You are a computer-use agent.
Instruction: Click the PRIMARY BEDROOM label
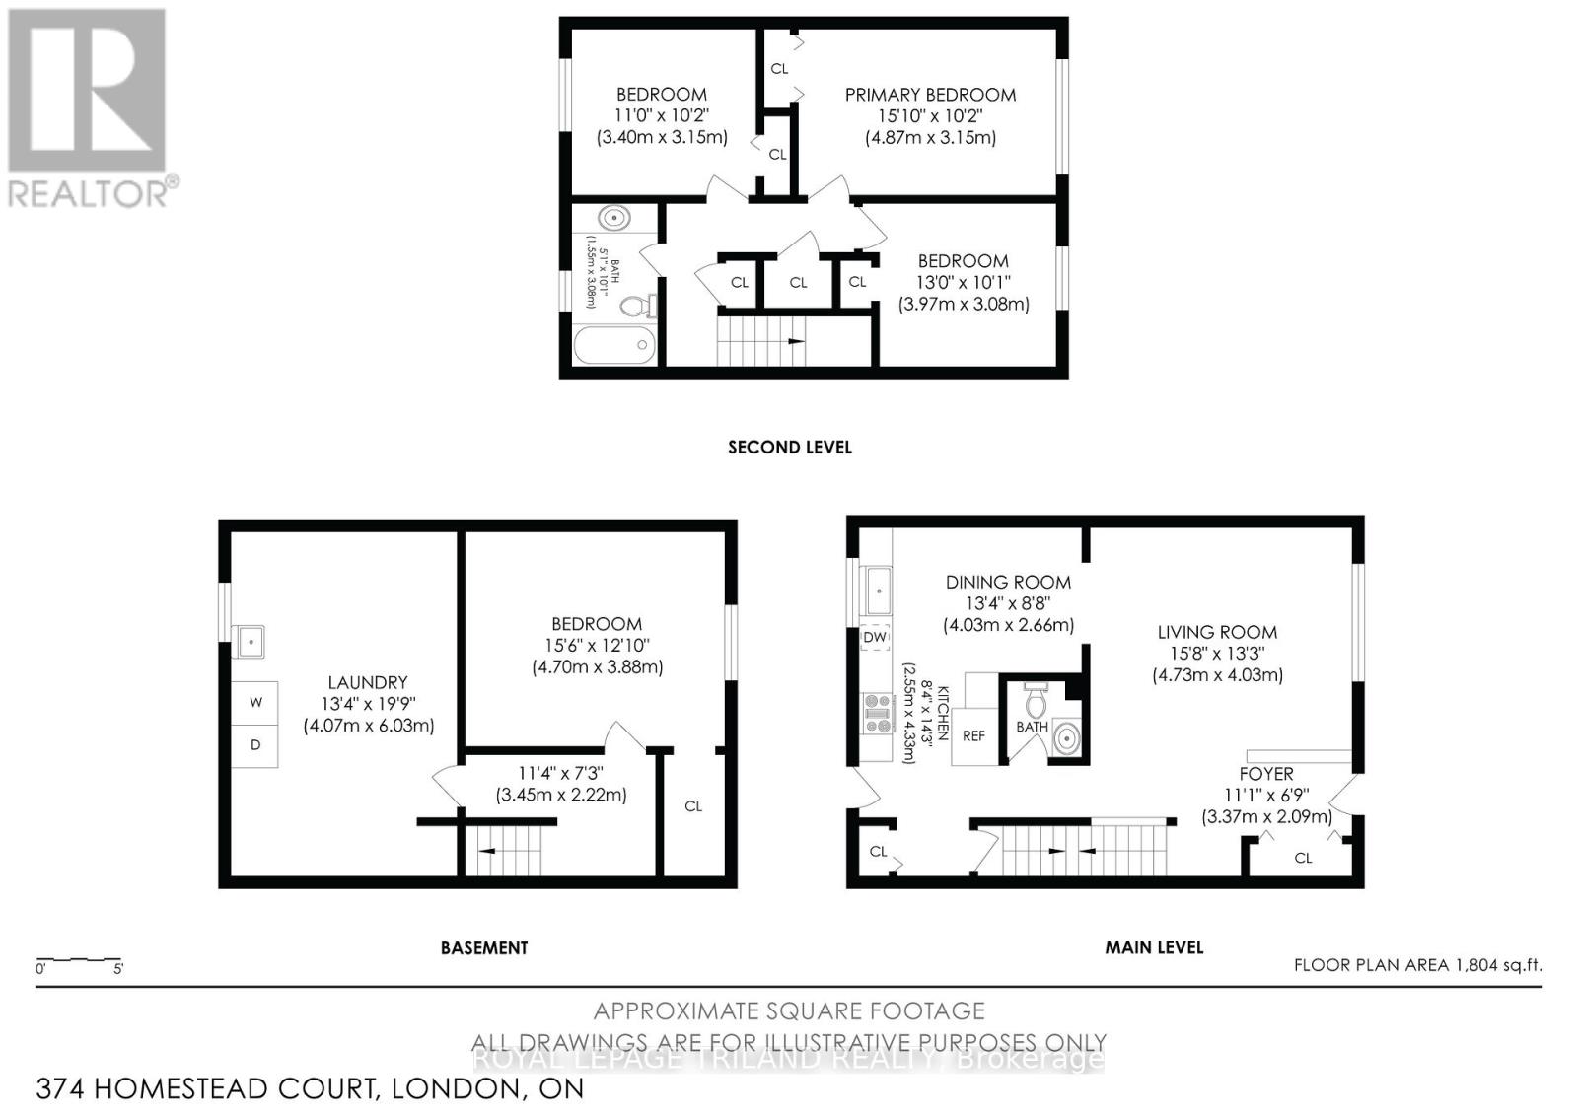[930, 95]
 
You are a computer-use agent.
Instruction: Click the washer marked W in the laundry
[255, 703]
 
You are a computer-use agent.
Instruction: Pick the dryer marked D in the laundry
[255, 745]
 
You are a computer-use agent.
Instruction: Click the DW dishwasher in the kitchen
[875, 638]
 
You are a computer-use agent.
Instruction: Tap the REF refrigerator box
[973, 735]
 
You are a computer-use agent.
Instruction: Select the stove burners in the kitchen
[875, 714]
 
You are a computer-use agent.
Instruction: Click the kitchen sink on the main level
[876, 592]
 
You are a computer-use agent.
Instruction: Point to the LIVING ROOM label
[1217, 632]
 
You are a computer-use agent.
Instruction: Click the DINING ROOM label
[1008, 582]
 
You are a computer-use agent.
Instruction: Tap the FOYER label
[1266, 774]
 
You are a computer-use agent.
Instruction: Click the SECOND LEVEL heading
[789, 447]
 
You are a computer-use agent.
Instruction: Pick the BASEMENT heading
[483, 947]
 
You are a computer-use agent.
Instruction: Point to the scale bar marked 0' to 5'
[78, 961]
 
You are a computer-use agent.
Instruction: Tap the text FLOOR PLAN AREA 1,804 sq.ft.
[1417, 965]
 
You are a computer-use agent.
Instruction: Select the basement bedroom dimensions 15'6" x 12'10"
[597, 646]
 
